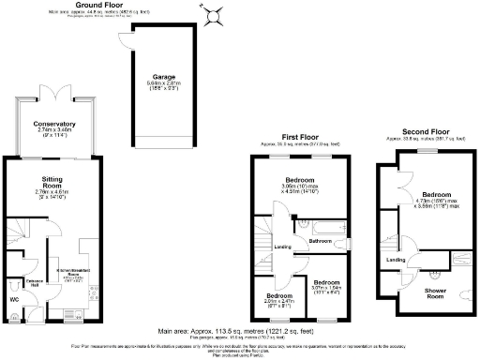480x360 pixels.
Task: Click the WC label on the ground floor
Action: pyautogui.click(x=13, y=299)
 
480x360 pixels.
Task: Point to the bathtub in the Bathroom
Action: pyautogui.click(x=316, y=224)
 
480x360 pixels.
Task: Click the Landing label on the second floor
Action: pyautogui.click(x=397, y=260)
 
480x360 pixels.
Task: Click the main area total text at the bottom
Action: pyautogui.click(x=240, y=330)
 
